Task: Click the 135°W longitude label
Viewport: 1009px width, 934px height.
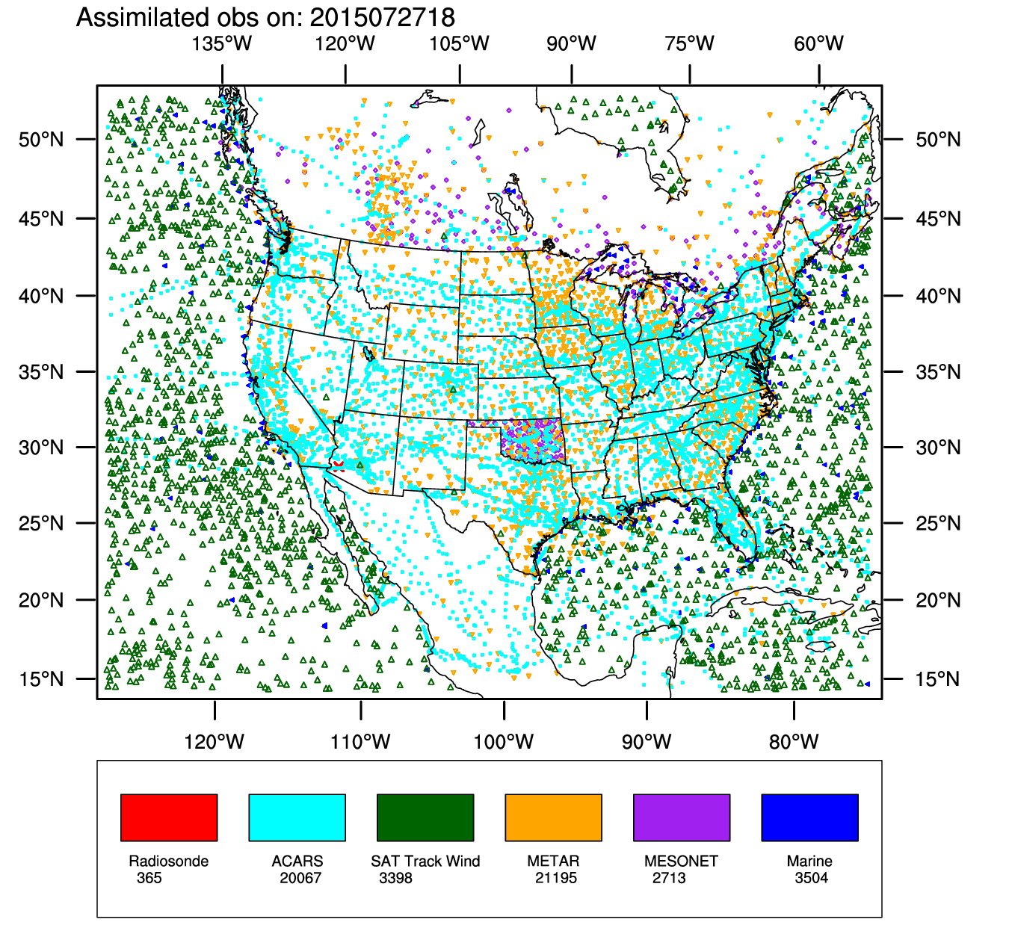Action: coord(222,43)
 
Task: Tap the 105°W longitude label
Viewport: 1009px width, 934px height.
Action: coord(459,43)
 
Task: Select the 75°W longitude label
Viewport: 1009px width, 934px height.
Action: coord(689,43)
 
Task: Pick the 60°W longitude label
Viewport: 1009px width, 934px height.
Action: coord(818,43)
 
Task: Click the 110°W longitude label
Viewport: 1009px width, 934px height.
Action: coord(361,742)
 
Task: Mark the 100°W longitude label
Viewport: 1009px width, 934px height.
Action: coord(504,742)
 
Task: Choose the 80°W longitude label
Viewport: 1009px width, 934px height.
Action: coord(794,742)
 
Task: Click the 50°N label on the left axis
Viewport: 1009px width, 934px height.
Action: coord(41,140)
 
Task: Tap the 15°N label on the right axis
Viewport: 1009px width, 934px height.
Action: coord(938,679)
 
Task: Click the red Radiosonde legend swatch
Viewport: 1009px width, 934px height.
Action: coord(169,817)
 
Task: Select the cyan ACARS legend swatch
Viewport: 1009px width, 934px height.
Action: coord(297,817)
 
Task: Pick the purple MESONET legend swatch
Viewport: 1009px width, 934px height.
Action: coord(682,817)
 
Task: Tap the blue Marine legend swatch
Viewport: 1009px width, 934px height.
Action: coord(809,817)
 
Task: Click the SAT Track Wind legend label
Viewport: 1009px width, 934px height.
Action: coord(425,862)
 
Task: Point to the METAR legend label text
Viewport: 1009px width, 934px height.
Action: coord(553,862)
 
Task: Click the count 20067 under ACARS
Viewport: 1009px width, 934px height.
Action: coord(300,878)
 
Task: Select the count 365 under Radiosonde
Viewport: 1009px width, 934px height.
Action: coord(149,878)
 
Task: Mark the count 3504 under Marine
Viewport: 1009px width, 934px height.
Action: coord(812,878)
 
